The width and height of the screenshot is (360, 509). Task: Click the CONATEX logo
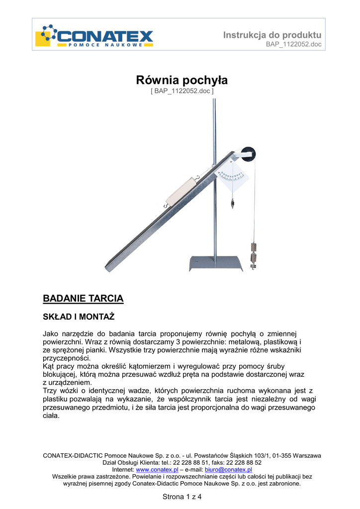tap(95, 36)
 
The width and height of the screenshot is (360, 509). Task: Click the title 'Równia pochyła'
tap(181, 80)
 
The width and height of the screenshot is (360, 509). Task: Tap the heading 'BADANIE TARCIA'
tap(83, 299)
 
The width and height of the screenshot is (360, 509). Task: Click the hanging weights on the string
tap(254, 255)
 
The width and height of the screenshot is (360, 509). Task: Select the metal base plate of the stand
tap(216, 263)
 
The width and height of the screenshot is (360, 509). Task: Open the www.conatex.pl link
tap(157, 469)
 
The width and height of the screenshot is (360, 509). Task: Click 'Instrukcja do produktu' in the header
tap(272, 35)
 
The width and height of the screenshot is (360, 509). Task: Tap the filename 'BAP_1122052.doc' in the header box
tap(294, 44)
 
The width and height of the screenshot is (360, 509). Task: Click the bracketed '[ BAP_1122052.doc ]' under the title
tap(181, 91)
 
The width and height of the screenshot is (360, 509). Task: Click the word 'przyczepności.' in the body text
tap(67, 358)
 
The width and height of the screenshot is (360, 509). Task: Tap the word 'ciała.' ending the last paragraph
tap(51, 416)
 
